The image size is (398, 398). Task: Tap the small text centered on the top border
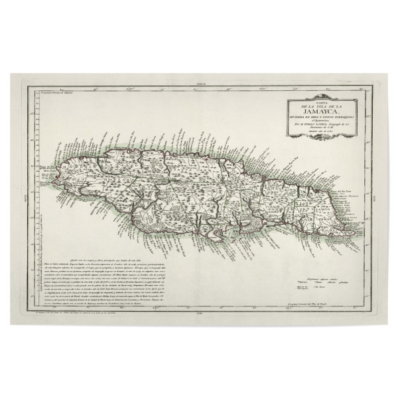click(198, 85)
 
